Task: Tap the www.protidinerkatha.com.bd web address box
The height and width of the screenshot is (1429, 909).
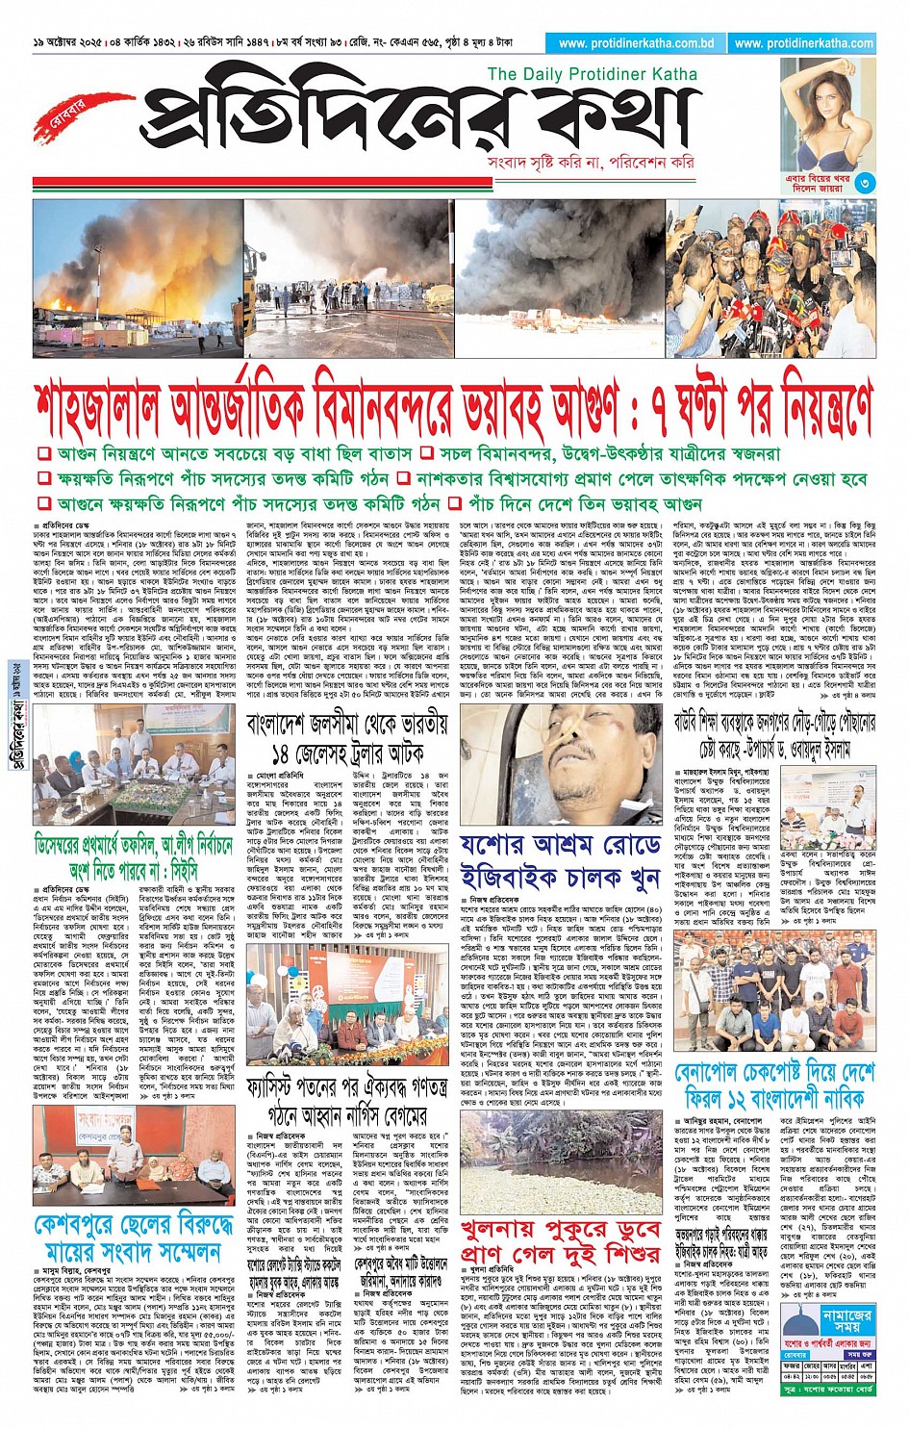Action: [635, 43]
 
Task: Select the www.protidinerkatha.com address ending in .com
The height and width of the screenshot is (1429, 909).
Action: [803, 43]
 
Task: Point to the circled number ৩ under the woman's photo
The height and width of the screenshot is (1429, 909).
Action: [865, 183]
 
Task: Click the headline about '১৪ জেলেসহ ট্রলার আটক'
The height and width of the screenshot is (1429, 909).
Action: [346, 737]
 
